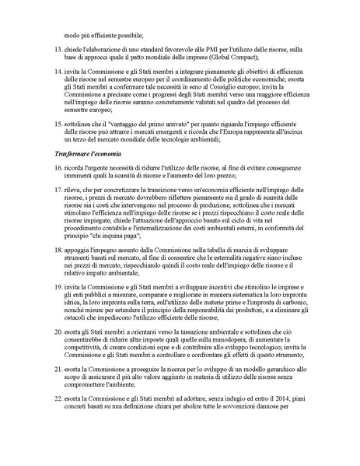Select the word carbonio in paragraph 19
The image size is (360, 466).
click(x=288, y=335)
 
